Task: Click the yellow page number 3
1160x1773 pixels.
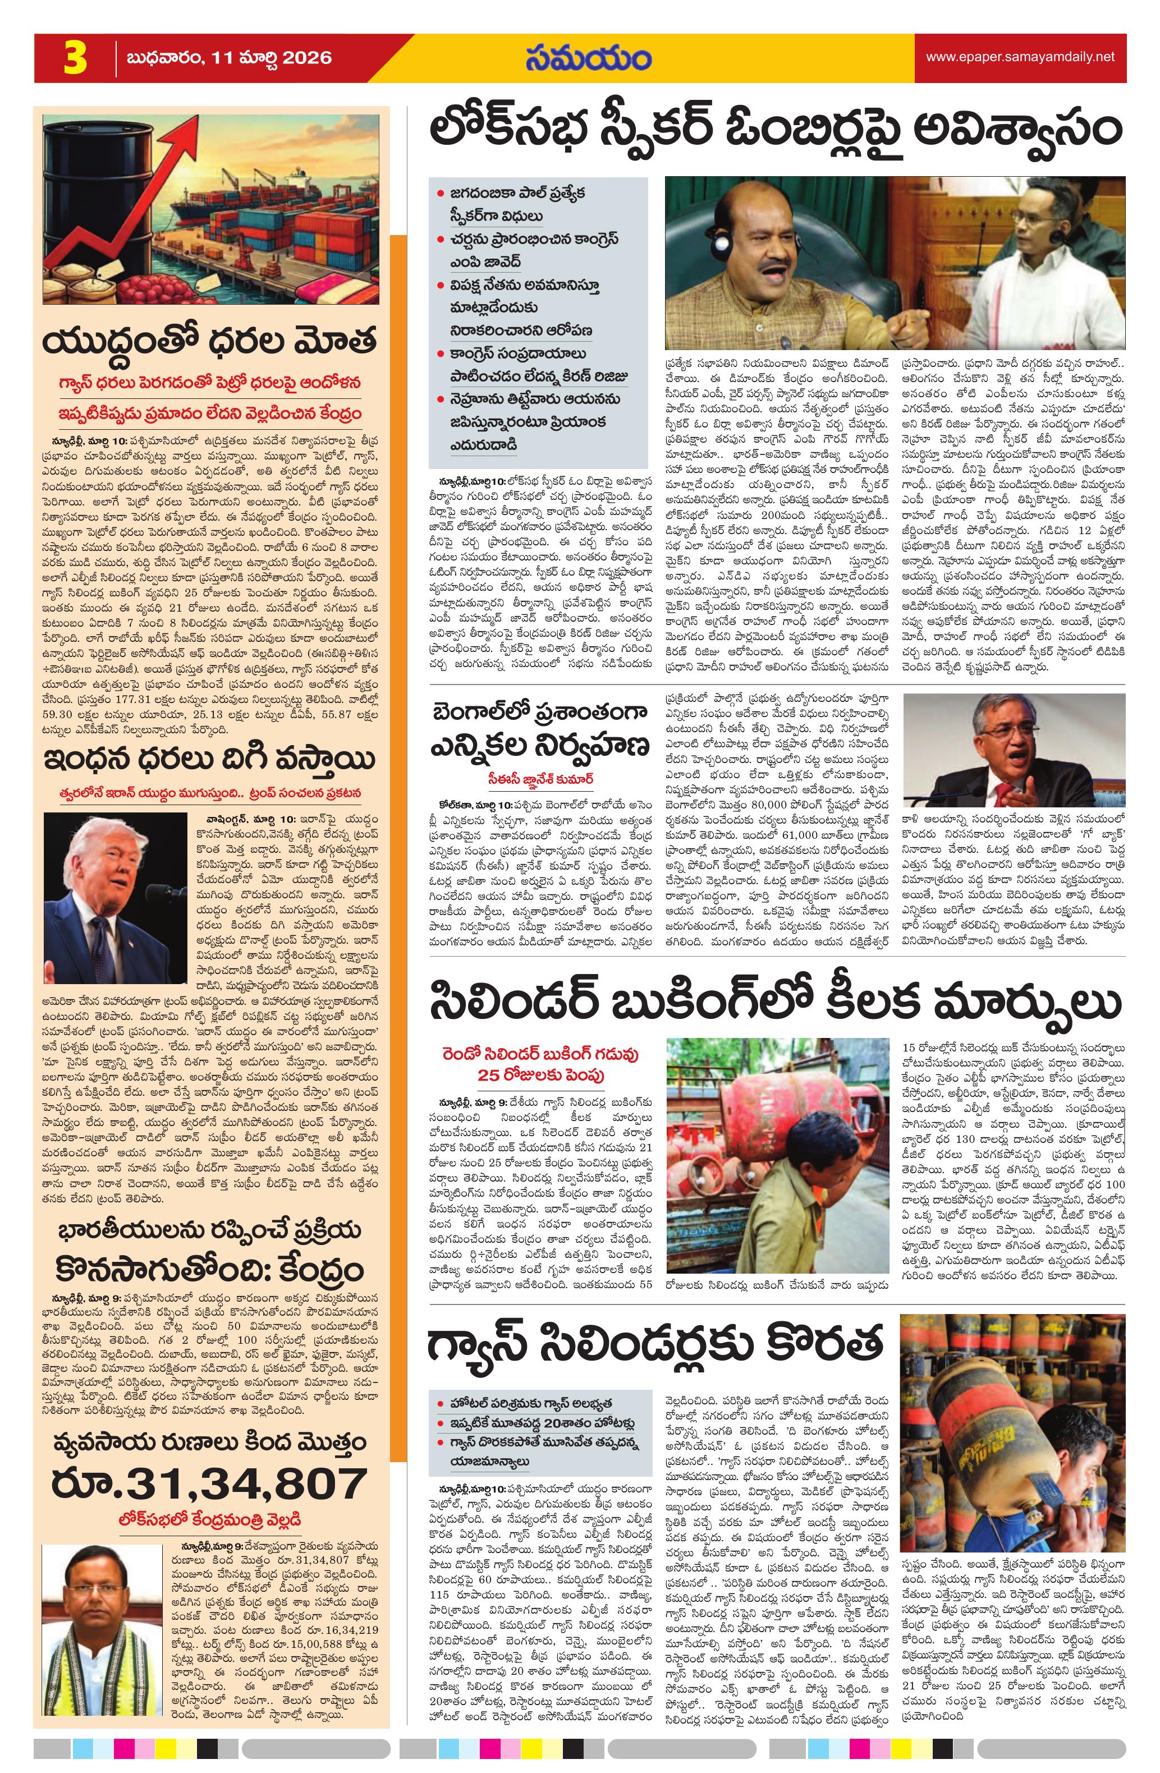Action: (x=75, y=59)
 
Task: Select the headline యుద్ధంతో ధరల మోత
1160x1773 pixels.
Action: (x=210, y=341)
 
